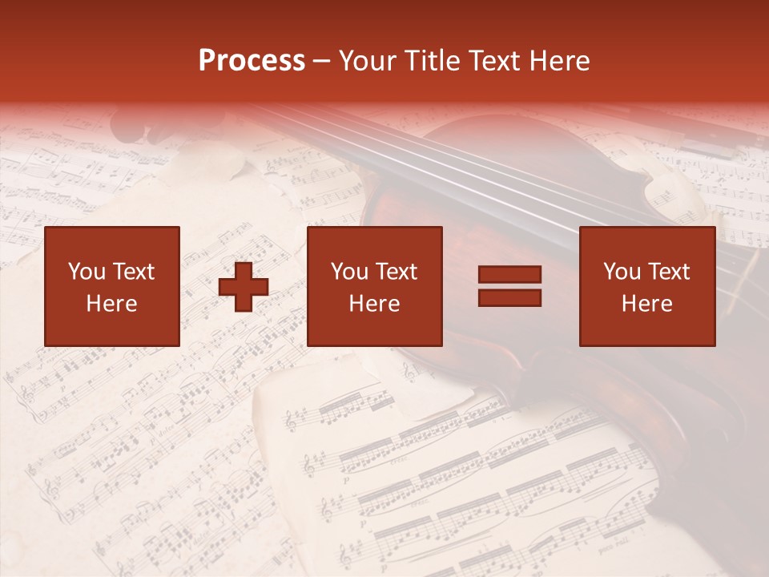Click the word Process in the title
coord(252,61)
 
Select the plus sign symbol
coord(244,287)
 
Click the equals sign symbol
coord(509,286)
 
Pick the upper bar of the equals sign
coord(509,275)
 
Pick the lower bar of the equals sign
coord(509,297)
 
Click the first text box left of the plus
coord(112,286)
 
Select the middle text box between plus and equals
coord(375,286)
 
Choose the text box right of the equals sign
coord(647,286)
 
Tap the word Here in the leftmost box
coord(112,304)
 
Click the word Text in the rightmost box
coord(668,272)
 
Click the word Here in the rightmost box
coord(647,304)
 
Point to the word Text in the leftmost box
coord(133,272)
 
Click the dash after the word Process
coord(321,61)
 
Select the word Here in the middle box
coord(375,304)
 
